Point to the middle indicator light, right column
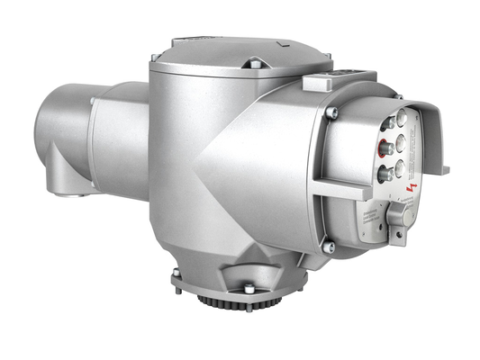click(400, 141)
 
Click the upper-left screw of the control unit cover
click(331, 112)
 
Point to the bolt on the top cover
click(255, 64)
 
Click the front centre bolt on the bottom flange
click(248, 288)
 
